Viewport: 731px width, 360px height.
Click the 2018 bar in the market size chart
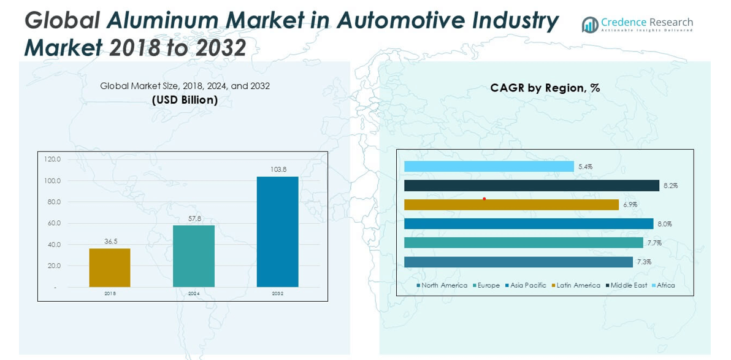(110, 267)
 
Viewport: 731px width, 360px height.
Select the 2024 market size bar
(194, 256)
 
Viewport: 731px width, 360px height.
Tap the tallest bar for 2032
(277, 232)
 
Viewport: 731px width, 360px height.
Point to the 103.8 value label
(278, 169)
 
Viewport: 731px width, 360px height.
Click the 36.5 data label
(110, 242)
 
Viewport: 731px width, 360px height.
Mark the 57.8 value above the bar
(194, 218)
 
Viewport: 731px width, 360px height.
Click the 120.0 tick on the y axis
(53, 159)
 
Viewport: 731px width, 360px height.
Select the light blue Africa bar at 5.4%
(489, 167)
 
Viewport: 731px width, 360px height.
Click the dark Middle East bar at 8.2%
(531, 186)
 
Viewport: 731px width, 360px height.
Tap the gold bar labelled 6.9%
(511, 205)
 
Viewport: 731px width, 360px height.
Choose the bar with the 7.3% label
(518, 262)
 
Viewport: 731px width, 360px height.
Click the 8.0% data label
(665, 224)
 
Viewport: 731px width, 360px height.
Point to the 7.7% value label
(654, 243)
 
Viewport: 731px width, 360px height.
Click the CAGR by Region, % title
(545, 88)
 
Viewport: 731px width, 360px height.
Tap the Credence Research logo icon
(590, 25)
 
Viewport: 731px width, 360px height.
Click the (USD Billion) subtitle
(185, 100)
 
